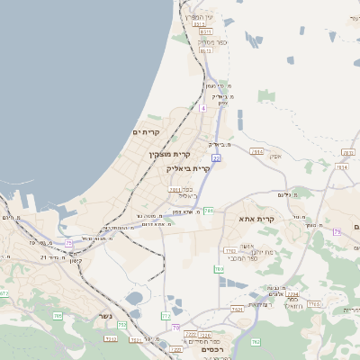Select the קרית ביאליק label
[188, 167]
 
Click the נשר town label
[106, 317]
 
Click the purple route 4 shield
[203, 108]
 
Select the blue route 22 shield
[216, 157]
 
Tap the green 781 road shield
[208, 211]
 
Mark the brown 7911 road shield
[175, 189]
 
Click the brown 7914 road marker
[257, 152]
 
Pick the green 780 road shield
[219, 269]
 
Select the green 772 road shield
[166, 316]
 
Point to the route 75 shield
[69, 243]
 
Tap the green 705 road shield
[58, 316]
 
